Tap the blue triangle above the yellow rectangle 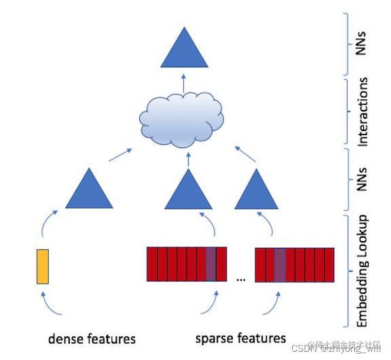(x=88, y=190)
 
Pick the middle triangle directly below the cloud (x=184, y=191)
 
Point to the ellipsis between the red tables (x=240, y=278)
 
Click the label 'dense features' (x=92, y=338)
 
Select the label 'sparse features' (x=240, y=338)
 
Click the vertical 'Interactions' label (x=363, y=112)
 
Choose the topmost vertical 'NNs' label (x=363, y=43)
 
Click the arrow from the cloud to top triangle (x=183, y=84)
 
